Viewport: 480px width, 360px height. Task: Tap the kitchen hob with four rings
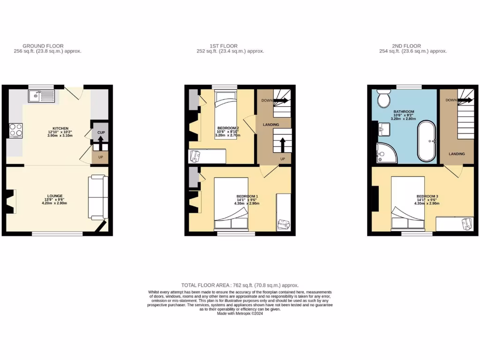coord(15,130)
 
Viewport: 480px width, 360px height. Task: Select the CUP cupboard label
coord(100,133)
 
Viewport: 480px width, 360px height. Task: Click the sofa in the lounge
coord(98,197)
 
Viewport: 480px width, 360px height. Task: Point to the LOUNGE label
coord(55,196)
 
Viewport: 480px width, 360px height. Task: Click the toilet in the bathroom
coord(384,99)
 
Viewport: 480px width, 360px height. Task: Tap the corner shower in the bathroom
coord(385,152)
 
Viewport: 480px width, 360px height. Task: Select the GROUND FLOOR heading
coord(43,46)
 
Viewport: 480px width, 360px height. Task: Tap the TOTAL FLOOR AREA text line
coord(240,285)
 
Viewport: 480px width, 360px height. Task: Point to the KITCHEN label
coord(61,128)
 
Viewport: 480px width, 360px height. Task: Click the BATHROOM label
coord(404,112)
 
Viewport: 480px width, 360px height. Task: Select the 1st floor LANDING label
coord(271,125)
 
